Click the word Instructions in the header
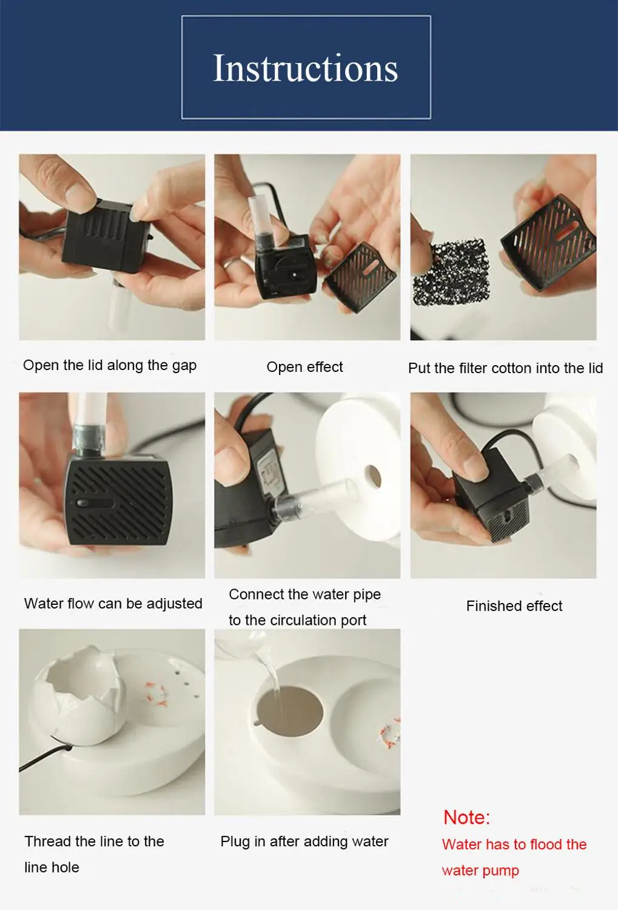point(305,68)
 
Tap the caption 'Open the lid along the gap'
point(110,365)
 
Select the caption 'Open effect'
point(304,367)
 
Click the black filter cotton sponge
point(450,272)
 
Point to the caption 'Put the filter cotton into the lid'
point(506,368)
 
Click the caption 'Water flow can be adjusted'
point(113,604)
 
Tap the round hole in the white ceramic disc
point(372,476)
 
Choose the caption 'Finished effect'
point(514,606)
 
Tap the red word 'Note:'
point(466,817)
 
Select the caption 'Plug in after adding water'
point(304,841)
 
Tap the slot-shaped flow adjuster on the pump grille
point(94,504)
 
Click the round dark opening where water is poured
point(290,714)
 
